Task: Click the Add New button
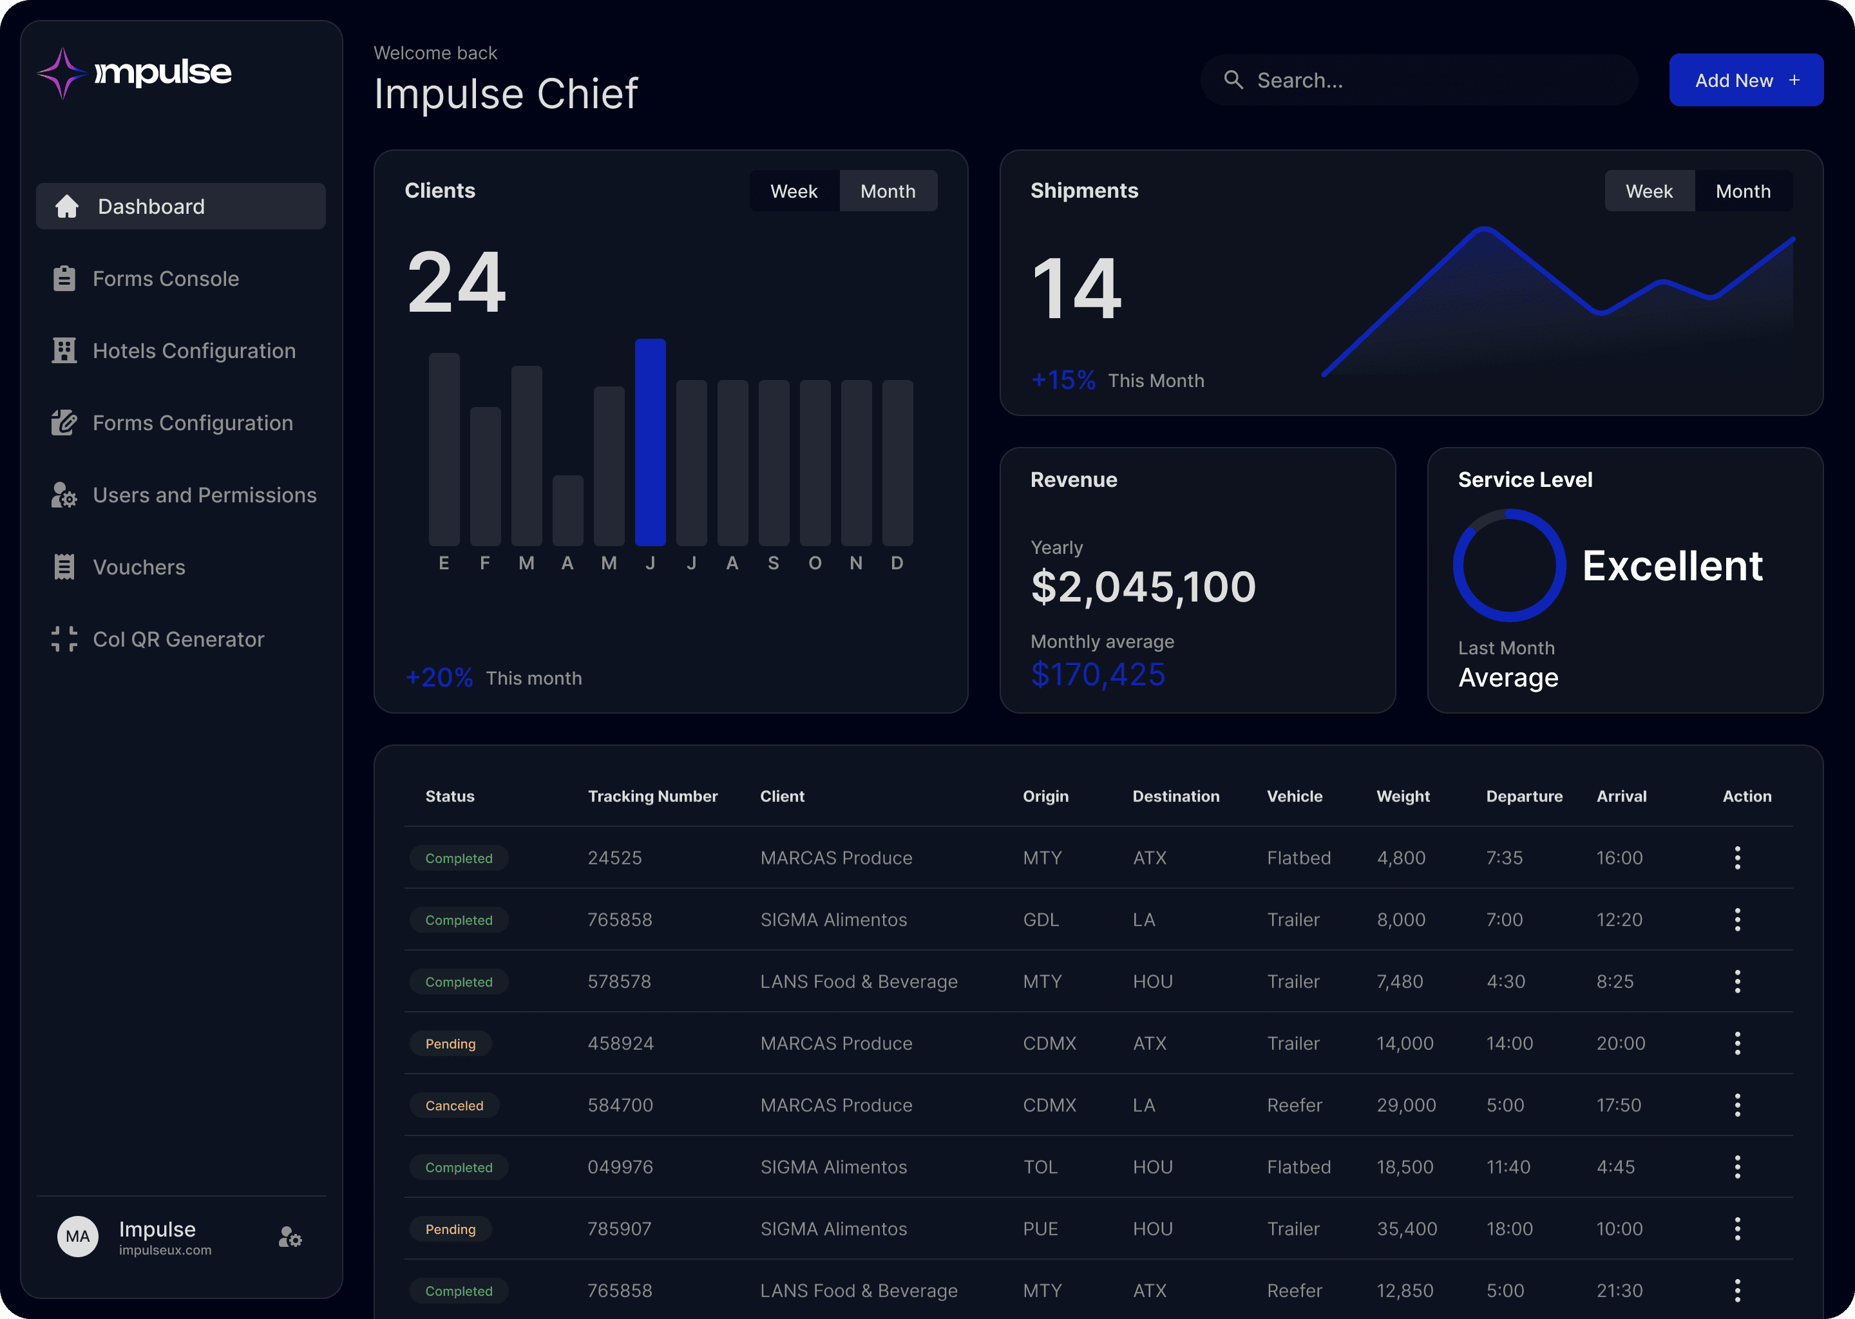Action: [1746, 80]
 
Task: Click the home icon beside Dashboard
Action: [66, 206]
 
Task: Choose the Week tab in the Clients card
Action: [794, 191]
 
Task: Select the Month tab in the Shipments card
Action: [1743, 191]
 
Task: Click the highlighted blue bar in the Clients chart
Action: [650, 442]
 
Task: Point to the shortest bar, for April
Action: [567, 510]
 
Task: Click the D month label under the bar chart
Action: [897, 563]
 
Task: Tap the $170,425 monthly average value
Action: [1098, 674]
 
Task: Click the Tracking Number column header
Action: [653, 796]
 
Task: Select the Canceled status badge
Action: [454, 1105]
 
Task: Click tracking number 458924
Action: [620, 1043]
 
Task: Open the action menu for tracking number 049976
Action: [1737, 1167]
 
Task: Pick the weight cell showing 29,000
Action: [1406, 1105]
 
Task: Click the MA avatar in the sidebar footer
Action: [78, 1236]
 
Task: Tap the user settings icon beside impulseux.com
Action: [290, 1237]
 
